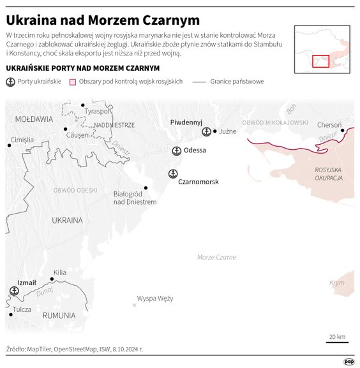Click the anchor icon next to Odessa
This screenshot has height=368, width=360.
177,151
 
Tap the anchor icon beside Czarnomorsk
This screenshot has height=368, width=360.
172,173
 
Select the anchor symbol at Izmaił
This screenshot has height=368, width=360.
14,291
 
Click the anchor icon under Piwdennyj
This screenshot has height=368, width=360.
206,131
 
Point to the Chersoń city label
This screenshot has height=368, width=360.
329,125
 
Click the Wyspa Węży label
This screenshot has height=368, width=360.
155,298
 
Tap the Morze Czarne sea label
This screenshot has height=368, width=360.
216,257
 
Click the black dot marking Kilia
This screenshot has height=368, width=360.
52,279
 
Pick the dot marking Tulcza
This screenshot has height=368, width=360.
10,313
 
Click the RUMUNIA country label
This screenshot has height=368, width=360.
59,315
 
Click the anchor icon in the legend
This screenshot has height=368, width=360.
10,82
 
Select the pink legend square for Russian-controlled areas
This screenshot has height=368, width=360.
73,82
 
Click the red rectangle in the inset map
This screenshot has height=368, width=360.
320,61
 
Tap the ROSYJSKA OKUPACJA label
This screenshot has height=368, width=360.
329,174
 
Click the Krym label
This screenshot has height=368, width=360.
336,283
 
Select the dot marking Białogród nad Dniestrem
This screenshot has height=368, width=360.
146,188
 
